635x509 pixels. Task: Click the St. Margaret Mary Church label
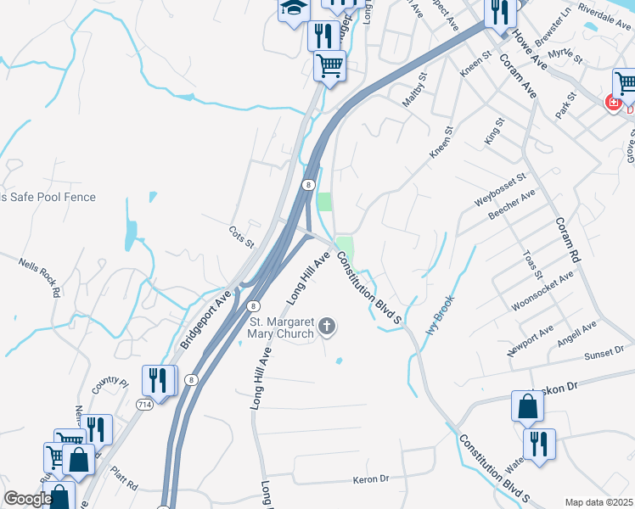click(x=281, y=327)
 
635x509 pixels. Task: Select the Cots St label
click(x=242, y=237)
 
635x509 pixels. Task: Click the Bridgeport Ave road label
click(x=205, y=322)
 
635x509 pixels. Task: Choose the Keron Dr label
click(x=370, y=479)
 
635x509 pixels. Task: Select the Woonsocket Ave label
click(x=541, y=290)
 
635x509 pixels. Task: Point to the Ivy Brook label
click(x=441, y=315)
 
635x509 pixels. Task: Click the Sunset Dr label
click(x=604, y=350)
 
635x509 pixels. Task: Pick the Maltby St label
click(x=414, y=89)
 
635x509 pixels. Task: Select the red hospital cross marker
click(x=612, y=103)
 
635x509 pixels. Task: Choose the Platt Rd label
click(x=124, y=478)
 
